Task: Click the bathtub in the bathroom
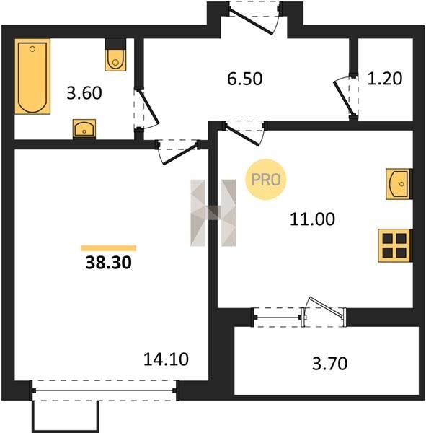[32, 76]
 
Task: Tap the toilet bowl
[115, 60]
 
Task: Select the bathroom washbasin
[84, 129]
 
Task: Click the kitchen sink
[399, 184]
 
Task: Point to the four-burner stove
[395, 245]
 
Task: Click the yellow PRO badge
[266, 180]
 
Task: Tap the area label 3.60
[84, 93]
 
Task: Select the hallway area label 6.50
[245, 79]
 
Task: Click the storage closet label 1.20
[385, 78]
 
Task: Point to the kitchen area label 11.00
[312, 219]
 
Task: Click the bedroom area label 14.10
[166, 359]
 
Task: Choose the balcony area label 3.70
[329, 364]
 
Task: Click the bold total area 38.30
[108, 263]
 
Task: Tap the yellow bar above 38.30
[108, 248]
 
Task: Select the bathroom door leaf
[148, 106]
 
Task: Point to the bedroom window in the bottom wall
[105, 390]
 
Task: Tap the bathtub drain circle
[32, 49]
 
